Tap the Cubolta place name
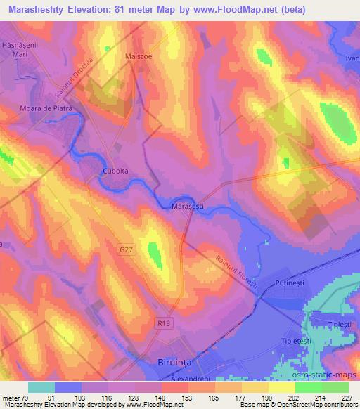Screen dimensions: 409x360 [x=112, y=170]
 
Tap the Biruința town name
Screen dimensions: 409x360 [x=172, y=363]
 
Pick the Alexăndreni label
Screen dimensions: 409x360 [x=172, y=377]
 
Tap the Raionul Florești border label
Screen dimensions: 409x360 [x=238, y=266]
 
